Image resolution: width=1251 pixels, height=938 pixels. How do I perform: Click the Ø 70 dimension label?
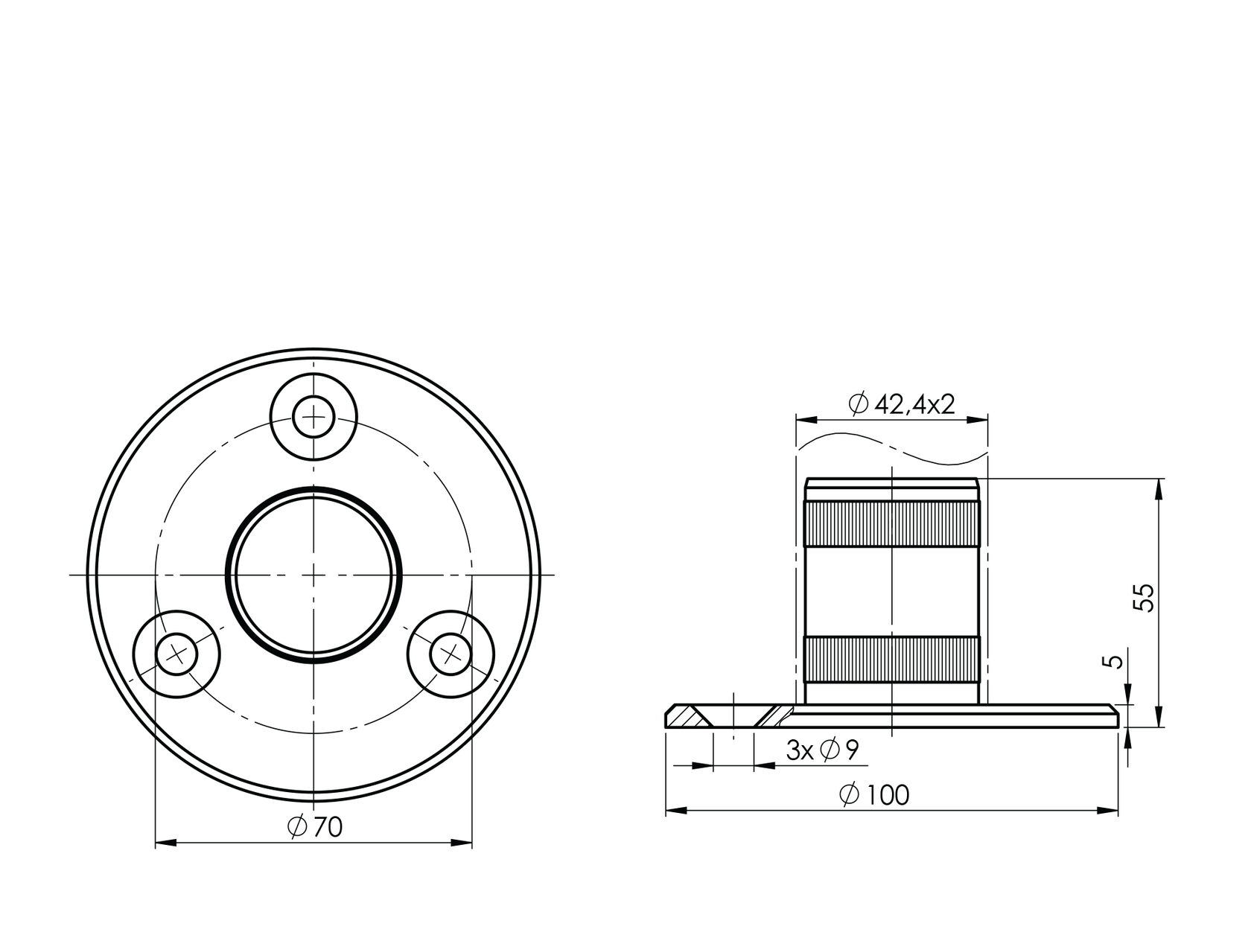pos(315,826)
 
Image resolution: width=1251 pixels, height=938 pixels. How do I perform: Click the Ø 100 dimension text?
pos(874,795)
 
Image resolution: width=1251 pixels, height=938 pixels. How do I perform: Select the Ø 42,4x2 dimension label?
pos(902,404)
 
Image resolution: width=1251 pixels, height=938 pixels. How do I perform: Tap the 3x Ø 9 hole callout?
pos(822,750)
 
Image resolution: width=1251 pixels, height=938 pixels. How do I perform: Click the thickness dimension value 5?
pos(1115,662)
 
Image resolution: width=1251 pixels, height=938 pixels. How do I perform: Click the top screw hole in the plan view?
pos(313,418)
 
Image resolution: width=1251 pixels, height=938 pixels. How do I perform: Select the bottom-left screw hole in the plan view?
pos(176,654)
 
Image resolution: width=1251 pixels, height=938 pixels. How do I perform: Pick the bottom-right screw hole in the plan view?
pos(451,654)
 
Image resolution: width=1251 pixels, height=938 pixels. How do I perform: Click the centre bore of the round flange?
pos(313,574)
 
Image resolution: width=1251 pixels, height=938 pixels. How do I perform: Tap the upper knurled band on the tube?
pos(892,524)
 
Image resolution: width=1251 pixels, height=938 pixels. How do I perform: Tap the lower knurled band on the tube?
pos(892,660)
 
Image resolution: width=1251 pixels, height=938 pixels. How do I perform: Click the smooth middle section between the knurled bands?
pos(892,592)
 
